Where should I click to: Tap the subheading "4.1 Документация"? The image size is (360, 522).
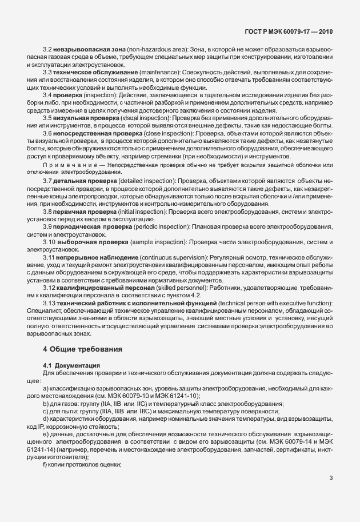click(x=71, y=364)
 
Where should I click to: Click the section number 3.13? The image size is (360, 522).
click(x=50, y=302)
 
